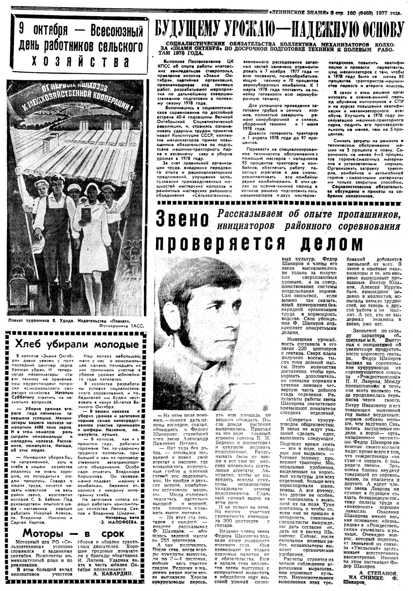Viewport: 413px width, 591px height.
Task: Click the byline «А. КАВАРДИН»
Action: tap(114, 573)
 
